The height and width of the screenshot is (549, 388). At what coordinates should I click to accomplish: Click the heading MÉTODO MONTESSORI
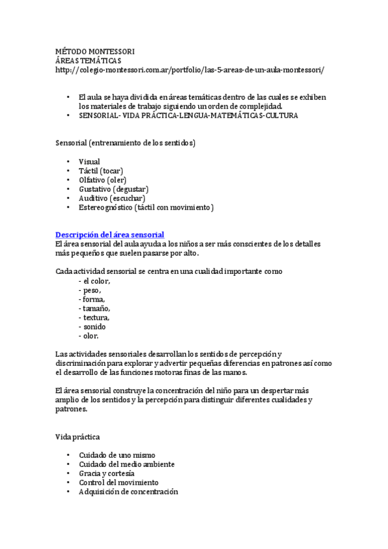click(x=95, y=50)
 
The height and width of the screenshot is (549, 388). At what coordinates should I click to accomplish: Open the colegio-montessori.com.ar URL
click(x=190, y=69)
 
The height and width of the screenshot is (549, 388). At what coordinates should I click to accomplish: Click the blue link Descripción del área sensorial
click(x=109, y=234)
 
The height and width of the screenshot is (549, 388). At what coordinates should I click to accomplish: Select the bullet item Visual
click(x=89, y=161)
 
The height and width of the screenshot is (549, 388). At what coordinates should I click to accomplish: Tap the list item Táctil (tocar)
click(x=100, y=170)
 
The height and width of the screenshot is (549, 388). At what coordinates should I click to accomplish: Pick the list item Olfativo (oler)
click(x=102, y=179)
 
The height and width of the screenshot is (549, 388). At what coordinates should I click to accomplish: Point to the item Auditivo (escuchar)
click(x=111, y=198)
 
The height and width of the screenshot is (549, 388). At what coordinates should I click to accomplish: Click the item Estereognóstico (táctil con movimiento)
click(x=146, y=207)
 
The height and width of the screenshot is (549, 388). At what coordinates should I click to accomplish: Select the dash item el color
click(x=95, y=281)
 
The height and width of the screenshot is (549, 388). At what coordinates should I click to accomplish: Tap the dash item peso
click(x=89, y=290)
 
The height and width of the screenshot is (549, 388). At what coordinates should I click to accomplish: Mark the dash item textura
click(x=94, y=318)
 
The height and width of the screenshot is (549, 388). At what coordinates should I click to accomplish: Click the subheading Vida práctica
click(x=78, y=437)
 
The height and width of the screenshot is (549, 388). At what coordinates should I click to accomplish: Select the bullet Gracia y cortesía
click(x=106, y=473)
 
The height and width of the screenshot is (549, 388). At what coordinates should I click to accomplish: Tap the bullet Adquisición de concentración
click(x=128, y=491)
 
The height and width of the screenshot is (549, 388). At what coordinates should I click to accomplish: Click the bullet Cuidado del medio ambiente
click(x=126, y=464)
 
